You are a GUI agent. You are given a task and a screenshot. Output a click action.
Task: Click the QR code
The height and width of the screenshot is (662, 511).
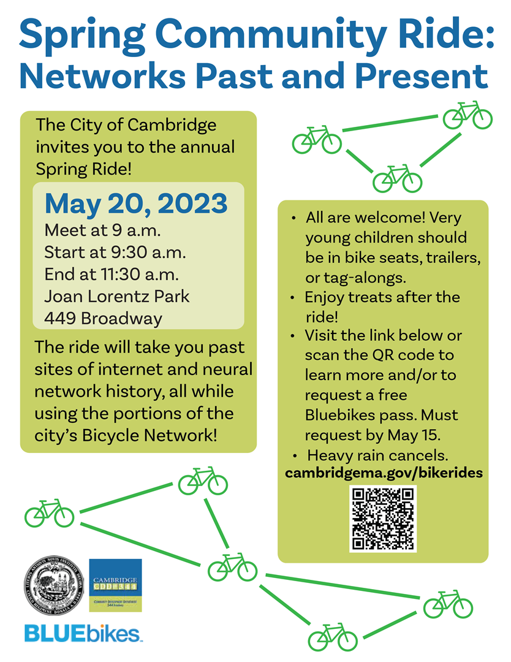click(x=382, y=519)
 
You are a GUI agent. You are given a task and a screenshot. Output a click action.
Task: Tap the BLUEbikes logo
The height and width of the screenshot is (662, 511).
click(x=83, y=633)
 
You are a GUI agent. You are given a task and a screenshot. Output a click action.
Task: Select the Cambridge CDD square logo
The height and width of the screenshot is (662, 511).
click(x=115, y=585)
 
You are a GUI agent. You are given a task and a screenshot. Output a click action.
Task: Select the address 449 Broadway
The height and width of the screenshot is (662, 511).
click(x=104, y=319)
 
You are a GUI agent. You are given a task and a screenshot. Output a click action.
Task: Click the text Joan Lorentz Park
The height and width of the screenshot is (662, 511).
click(x=117, y=296)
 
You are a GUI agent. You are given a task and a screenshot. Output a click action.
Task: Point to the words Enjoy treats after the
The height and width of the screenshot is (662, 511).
click(x=382, y=298)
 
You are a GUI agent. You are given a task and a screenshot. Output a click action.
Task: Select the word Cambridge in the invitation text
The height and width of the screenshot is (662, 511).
click(x=172, y=125)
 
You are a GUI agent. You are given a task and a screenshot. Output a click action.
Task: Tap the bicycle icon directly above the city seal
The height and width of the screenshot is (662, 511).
click(x=49, y=513)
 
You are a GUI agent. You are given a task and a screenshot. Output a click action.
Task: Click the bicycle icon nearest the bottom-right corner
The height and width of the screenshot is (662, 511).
click(x=448, y=604)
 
